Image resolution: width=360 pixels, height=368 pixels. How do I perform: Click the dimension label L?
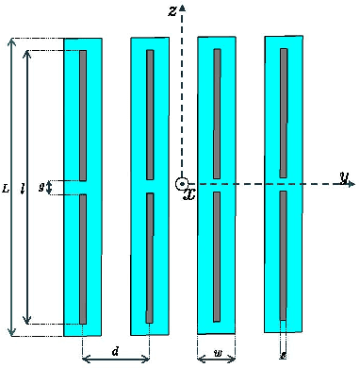point(7,188)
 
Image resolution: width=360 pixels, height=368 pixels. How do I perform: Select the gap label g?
point(41,187)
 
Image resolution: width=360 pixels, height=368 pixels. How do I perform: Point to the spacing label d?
point(115,352)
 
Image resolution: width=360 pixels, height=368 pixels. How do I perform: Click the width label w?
point(218,354)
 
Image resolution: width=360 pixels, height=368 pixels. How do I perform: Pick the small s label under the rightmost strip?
point(283,355)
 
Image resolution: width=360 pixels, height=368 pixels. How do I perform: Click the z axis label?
point(172,10)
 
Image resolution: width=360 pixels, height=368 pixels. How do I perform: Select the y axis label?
point(345,176)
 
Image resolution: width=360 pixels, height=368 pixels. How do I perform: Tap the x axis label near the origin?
point(189,195)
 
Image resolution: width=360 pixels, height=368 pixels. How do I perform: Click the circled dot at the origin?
point(181,184)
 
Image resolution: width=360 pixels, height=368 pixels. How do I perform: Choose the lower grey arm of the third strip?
point(217,256)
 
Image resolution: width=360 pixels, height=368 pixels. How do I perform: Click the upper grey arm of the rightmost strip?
point(283,112)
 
